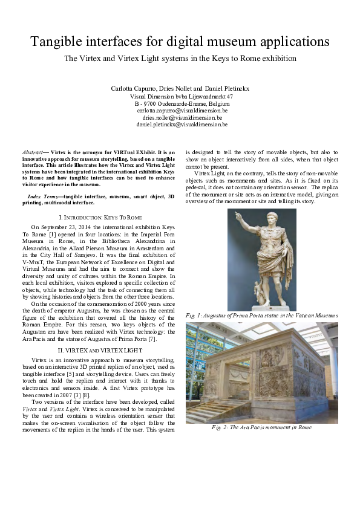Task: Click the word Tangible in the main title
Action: tap(57, 42)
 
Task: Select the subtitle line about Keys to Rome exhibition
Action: tap(180, 59)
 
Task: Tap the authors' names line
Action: tap(180, 89)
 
